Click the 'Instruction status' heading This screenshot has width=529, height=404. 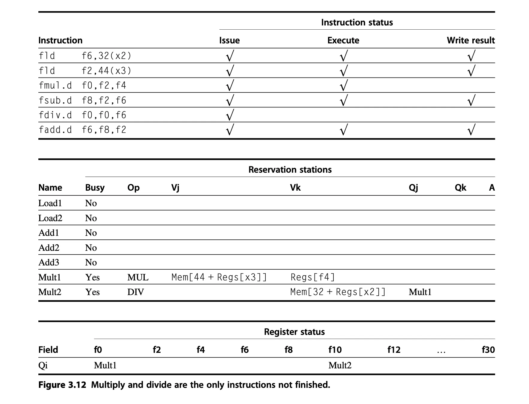[x=357, y=22]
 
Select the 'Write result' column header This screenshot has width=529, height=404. [x=471, y=40]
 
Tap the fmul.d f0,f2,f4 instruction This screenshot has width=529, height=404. [x=82, y=86]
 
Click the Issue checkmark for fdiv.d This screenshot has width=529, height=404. [x=230, y=115]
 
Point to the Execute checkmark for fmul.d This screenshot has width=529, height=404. [x=344, y=86]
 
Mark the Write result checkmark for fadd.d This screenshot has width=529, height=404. [x=471, y=130]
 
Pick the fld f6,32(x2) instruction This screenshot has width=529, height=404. [x=85, y=56]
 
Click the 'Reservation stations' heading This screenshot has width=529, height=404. [x=290, y=170]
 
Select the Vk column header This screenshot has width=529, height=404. [x=295, y=188]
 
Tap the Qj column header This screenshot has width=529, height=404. [x=413, y=188]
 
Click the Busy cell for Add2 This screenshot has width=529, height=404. [x=91, y=248]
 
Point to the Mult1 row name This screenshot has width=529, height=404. [x=50, y=277]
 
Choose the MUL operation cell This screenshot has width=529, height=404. [x=138, y=277]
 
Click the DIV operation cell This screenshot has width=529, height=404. [x=136, y=292]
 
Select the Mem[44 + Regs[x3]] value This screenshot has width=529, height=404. [x=219, y=277]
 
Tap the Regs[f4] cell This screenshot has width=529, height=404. [x=313, y=277]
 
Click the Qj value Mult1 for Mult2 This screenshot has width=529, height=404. [x=420, y=292]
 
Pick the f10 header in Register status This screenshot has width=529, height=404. [x=335, y=350]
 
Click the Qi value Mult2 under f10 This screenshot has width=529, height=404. [x=340, y=365]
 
